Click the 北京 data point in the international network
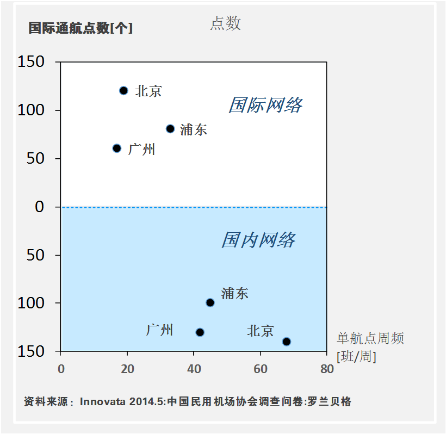[123, 91]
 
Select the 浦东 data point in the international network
[170, 129]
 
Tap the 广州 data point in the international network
[117, 148]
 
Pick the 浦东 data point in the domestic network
[210, 302]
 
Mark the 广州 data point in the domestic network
[200, 332]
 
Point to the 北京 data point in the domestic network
[287, 342]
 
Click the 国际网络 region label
[265, 105]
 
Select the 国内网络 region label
[258, 240]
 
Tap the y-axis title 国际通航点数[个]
[80, 28]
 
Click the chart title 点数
[226, 23]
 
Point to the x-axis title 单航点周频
[370, 339]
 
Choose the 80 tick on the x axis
[327, 369]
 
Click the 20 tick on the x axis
[127, 369]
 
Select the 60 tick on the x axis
[261, 369]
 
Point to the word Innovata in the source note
[103, 402]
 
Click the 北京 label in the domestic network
[261, 331]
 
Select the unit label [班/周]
[356, 357]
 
